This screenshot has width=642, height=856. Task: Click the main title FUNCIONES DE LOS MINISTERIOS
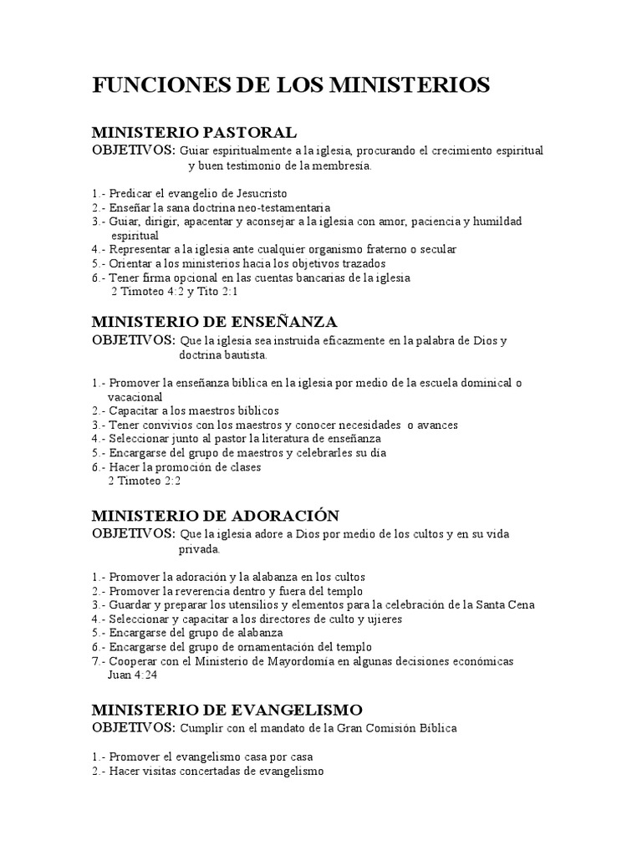pyautogui.click(x=291, y=85)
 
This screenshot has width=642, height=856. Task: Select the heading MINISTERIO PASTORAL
pyautogui.click(x=194, y=133)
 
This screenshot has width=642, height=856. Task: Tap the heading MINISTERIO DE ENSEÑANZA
pyautogui.click(x=214, y=322)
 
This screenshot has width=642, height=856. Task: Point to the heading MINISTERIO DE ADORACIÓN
pyautogui.click(x=216, y=515)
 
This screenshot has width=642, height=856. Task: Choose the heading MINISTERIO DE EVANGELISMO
pyautogui.click(x=227, y=710)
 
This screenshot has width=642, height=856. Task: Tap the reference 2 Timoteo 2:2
pyautogui.click(x=145, y=481)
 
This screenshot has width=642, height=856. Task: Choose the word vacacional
pyautogui.click(x=135, y=397)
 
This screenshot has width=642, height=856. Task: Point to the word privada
pyautogui.click(x=198, y=550)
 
